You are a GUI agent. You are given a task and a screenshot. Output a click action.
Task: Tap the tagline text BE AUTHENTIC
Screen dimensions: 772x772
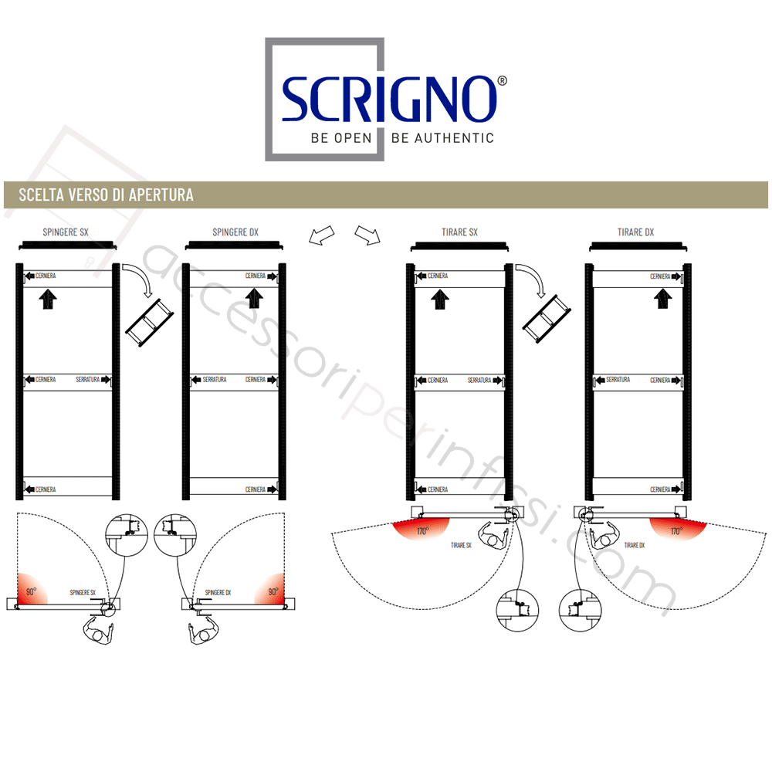pyautogui.click(x=442, y=138)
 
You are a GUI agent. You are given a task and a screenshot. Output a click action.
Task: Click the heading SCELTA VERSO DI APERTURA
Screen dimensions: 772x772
pyautogui.click(x=106, y=195)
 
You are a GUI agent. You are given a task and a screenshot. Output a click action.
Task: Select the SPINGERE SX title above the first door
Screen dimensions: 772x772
pyautogui.click(x=66, y=232)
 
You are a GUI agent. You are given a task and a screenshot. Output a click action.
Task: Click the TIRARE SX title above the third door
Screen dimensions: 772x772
pyautogui.click(x=460, y=232)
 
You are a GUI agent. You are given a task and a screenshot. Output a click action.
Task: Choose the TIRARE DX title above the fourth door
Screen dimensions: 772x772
pyautogui.click(x=636, y=232)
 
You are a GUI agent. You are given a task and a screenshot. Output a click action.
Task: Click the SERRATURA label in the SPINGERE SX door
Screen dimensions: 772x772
pyautogui.click(x=91, y=380)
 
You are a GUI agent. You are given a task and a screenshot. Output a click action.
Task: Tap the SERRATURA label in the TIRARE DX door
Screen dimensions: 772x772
pyautogui.click(x=618, y=380)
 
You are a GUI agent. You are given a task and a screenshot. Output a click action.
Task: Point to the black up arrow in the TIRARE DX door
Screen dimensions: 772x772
pyautogui.click(x=662, y=298)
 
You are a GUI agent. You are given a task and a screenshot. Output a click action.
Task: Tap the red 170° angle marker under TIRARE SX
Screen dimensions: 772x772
pyautogui.click(x=421, y=530)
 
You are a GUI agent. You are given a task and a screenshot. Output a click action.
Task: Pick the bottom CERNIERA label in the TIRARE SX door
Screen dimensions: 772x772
pyautogui.click(x=437, y=489)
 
